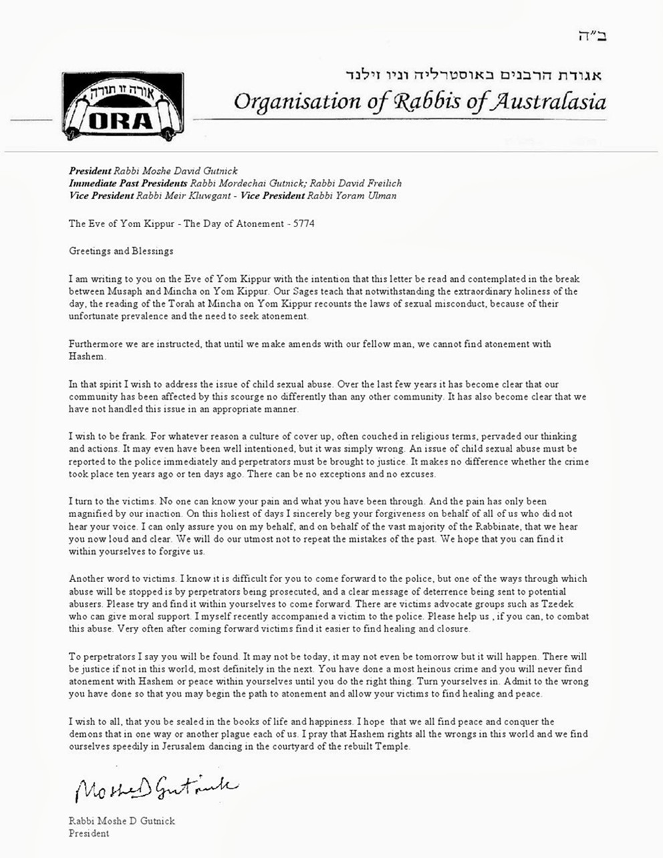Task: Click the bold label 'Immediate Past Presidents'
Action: tap(128, 183)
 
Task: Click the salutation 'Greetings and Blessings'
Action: tap(121, 251)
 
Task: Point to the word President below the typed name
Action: tap(89, 833)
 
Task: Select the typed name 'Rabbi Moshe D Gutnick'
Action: tap(122, 821)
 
